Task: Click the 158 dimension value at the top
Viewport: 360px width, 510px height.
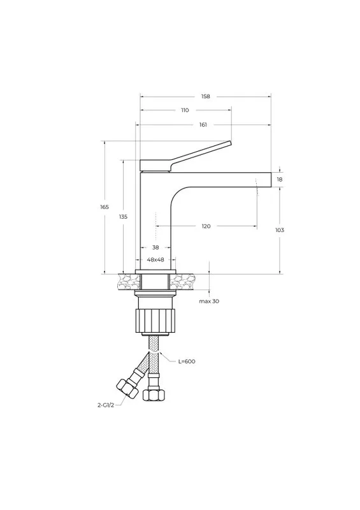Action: pos(206,96)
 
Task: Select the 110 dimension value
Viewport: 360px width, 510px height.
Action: pos(185,110)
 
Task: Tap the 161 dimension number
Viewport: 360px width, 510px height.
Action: pos(203,124)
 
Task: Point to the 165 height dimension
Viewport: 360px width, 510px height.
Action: pos(104,207)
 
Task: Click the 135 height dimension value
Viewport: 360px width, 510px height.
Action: pos(123,217)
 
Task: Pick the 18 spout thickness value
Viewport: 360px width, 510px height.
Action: pos(280,179)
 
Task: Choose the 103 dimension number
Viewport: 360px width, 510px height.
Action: pos(280,230)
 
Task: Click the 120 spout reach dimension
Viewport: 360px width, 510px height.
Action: pos(206,226)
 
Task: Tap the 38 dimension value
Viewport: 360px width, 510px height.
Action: pos(155,247)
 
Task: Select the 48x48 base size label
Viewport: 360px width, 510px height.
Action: pos(155,259)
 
